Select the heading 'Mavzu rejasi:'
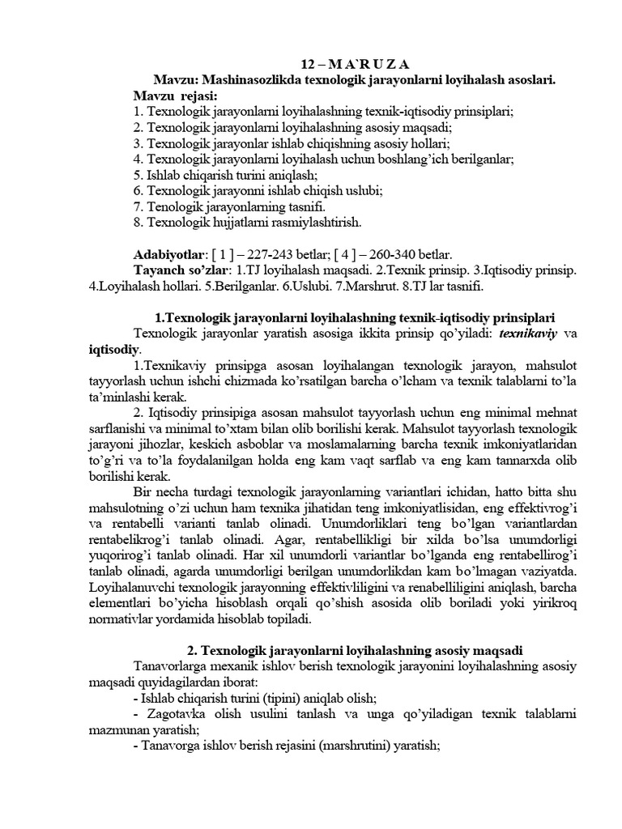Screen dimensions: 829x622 tap(170, 96)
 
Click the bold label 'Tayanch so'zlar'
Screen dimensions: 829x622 tap(181, 269)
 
